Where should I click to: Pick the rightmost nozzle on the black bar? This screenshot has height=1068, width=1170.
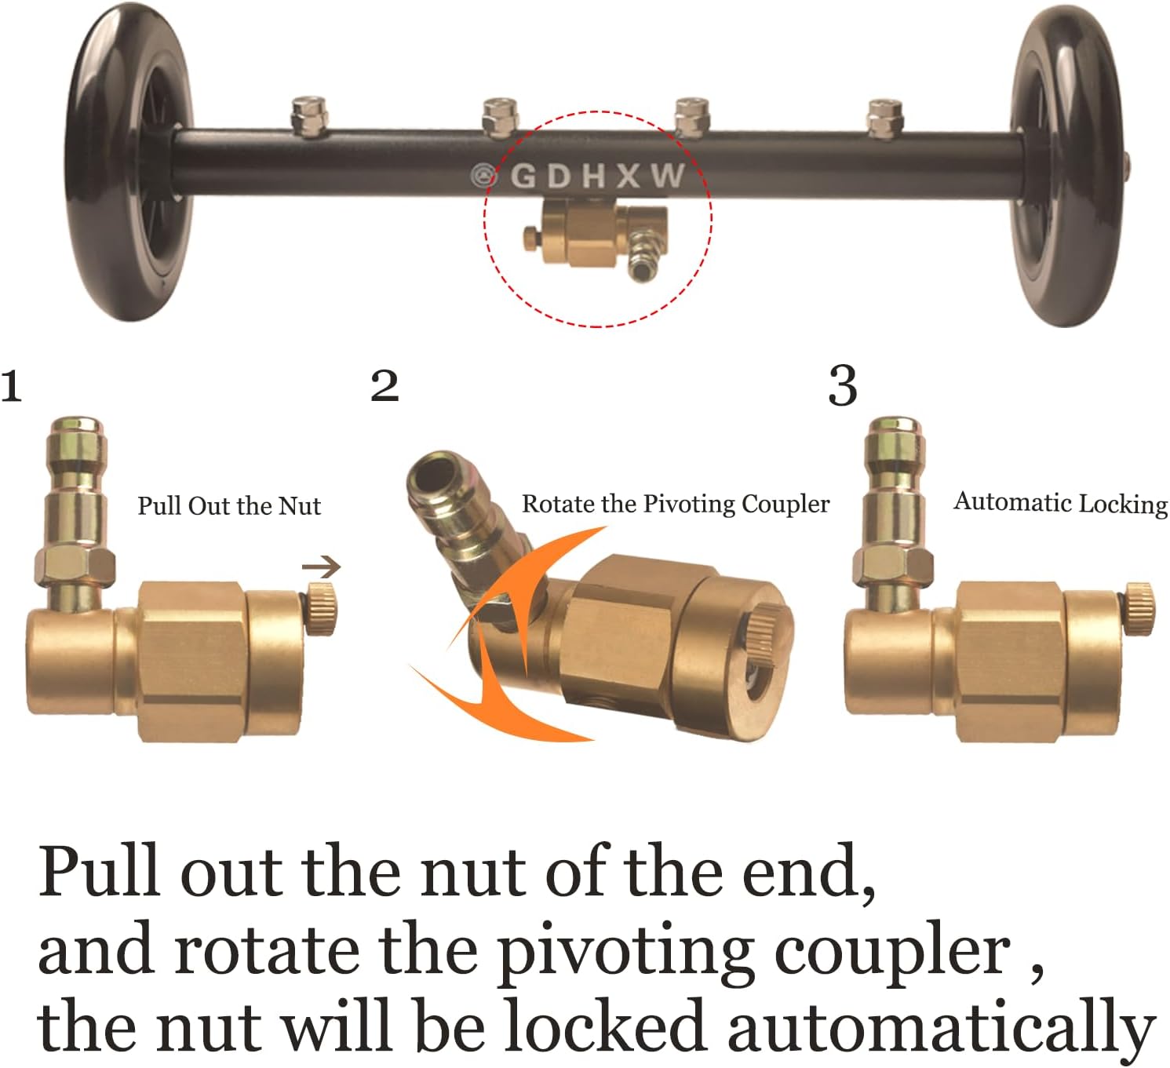tap(884, 118)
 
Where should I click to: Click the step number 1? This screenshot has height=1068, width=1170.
tap(11, 386)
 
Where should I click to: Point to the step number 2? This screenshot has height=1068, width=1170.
tap(385, 386)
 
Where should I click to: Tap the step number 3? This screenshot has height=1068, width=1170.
tap(842, 386)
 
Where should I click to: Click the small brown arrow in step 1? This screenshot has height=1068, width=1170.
tap(322, 566)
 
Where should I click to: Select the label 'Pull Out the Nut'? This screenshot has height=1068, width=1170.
tap(229, 506)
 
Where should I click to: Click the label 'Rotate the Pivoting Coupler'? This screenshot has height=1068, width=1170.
tap(676, 504)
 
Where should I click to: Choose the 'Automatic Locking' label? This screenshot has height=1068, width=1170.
tap(1060, 502)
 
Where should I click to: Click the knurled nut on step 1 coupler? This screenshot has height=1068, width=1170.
tap(322, 609)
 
